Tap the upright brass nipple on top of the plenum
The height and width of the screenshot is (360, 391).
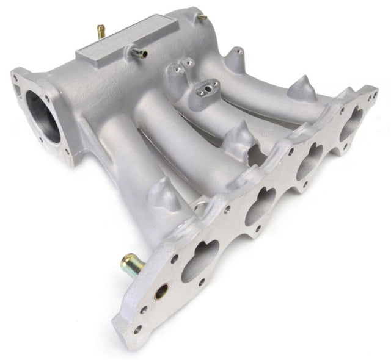pos(100,31)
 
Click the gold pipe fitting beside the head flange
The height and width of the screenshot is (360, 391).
pos(130,263)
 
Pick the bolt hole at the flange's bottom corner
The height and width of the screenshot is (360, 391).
pos(138,329)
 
